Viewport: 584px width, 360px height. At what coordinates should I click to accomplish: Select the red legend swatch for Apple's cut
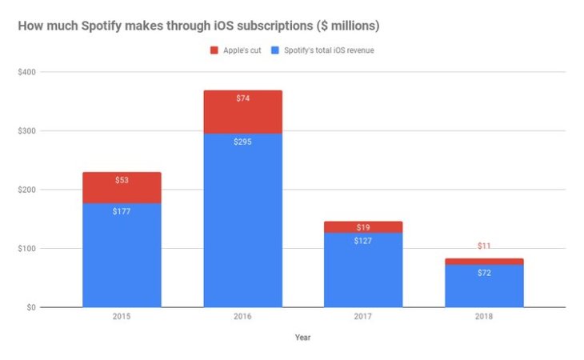214,50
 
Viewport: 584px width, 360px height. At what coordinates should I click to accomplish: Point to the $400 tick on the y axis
27,72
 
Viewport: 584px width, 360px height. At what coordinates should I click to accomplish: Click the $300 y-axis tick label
27,131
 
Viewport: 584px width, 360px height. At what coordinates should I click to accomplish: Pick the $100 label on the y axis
27,249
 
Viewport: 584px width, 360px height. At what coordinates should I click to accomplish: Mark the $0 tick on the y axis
31,307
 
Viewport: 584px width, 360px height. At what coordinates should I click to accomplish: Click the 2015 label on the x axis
122,317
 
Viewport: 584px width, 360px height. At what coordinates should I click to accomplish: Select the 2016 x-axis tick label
242,317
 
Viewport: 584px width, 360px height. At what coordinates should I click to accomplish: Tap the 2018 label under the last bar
484,317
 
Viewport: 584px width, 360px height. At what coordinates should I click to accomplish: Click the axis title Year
302,338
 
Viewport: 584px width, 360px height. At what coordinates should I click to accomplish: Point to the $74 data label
242,98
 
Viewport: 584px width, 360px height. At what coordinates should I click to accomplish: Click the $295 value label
242,142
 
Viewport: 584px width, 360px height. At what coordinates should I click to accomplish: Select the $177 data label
122,212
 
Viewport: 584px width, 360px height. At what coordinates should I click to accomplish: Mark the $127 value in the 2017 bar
363,241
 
